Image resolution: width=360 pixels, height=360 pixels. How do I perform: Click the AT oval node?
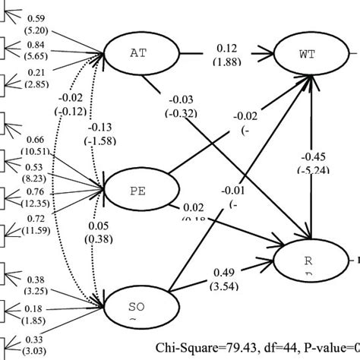pyautogui.click(x=138, y=53)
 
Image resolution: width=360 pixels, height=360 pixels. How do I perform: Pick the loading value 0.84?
pyautogui.click(x=35, y=44)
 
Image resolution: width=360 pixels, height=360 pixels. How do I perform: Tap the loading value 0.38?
pyautogui.click(x=35, y=278)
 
